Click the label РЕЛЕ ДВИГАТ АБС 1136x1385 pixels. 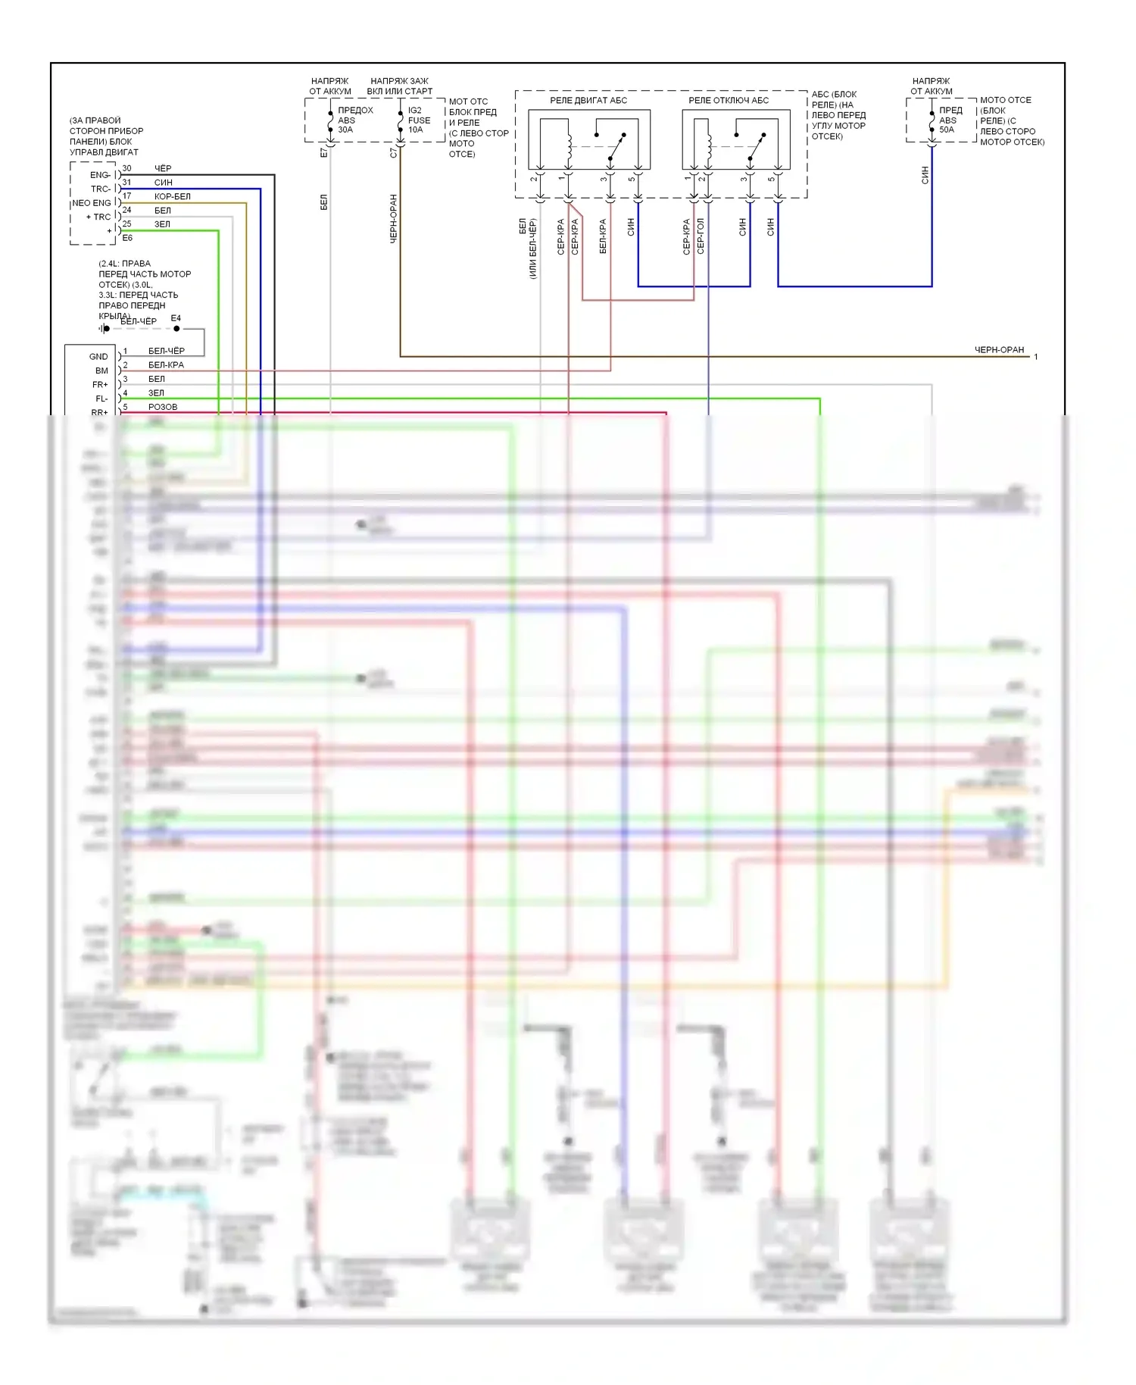click(x=588, y=100)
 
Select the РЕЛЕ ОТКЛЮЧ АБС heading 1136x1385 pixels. click(x=728, y=100)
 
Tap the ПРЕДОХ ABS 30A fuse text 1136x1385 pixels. click(x=354, y=120)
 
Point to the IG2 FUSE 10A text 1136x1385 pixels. click(x=419, y=120)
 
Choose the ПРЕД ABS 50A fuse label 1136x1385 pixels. click(x=950, y=120)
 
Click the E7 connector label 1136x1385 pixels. click(x=324, y=152)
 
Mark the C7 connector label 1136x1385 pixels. click(x=393, y=152)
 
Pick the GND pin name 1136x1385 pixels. click(x=98, y=356)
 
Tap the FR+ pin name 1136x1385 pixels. click(x=100, y=385)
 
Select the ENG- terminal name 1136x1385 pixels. click(x=100, y=175)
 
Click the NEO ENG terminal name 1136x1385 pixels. click(x=91, y=203)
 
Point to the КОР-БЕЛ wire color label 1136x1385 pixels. click(x=173, y=196)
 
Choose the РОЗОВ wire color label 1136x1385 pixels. click(x=163, y=407)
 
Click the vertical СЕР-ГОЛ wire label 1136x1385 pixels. click(x=701, y=236)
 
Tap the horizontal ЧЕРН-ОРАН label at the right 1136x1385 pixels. click(x=999, y=350)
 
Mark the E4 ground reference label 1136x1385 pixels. click(x=176, y=318)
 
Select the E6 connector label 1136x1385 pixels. click(x=127, y=238)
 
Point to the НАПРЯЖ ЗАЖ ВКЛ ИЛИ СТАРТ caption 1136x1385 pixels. click(x=399, y=86)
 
